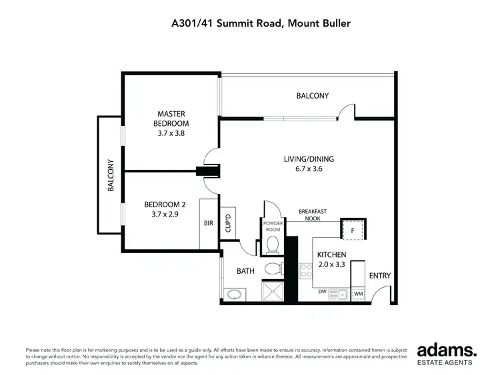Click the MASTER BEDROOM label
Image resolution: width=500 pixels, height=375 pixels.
171,119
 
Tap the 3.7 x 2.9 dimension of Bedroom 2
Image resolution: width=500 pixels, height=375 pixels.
164,214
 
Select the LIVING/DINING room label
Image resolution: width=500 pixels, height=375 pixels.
308,159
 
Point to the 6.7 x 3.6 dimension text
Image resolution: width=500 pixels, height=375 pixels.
308,169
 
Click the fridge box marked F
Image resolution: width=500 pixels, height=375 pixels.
352,230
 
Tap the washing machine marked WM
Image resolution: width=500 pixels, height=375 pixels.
358,293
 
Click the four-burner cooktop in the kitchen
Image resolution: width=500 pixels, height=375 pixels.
307,270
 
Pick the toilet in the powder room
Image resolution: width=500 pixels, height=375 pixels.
273,246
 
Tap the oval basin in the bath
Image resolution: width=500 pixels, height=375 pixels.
234,294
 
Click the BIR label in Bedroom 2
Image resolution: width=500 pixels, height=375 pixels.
208,224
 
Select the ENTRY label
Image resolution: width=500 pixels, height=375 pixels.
380,276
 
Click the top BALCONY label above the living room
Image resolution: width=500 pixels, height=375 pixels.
312,96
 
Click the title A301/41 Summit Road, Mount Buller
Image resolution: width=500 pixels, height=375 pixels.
260,23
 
